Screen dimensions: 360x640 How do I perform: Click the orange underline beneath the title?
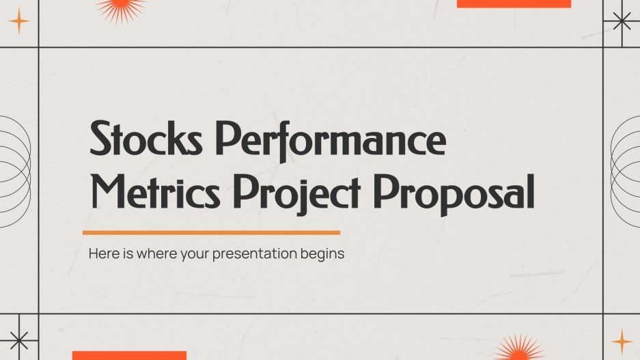(x=211, y=233)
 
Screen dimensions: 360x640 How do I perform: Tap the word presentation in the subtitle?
(x=253, y=254)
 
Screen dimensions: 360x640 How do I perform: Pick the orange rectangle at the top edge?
(x=513, y=3)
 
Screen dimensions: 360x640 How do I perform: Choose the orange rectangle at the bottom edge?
(x=129, y=355)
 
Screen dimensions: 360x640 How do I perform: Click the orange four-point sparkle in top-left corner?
(x=19, y=23)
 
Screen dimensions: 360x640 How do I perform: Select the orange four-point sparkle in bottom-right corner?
(x=622, y=341)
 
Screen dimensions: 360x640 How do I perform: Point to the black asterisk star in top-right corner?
(x=622, y=21)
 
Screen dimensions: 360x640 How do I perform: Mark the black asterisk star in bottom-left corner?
(x=18, y=339)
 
